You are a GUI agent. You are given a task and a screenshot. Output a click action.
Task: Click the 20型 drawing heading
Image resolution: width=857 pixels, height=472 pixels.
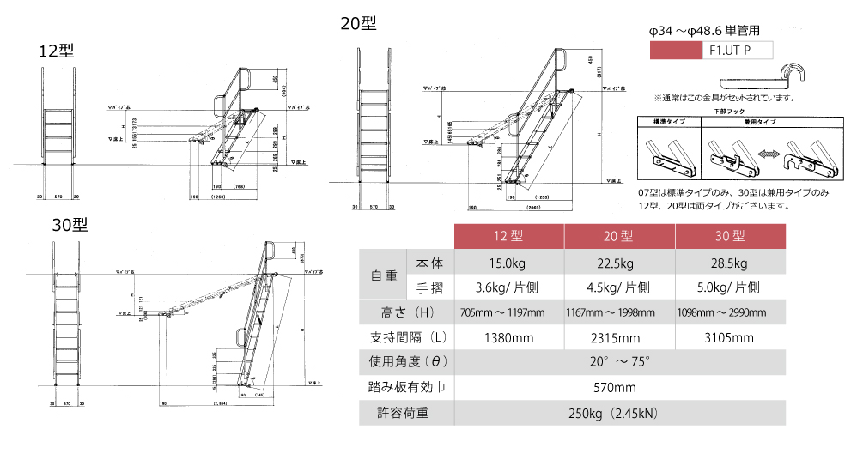[x=358, y=24]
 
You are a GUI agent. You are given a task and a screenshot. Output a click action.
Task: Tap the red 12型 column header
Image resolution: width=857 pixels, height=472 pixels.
[x=508, y=236]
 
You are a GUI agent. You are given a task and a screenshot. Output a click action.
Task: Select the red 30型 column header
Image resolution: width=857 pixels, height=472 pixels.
[x=730, y=236]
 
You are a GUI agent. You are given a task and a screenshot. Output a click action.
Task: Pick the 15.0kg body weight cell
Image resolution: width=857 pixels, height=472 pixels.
[x=508, y=263]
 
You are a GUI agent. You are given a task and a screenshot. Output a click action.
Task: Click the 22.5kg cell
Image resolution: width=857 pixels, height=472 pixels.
[x=619, y=263]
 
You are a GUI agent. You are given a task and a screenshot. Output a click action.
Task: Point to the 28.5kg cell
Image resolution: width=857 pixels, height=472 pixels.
[x=730, y=263]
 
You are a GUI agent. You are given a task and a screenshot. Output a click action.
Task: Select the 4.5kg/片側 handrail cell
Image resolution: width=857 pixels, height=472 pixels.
[x=619, y=287]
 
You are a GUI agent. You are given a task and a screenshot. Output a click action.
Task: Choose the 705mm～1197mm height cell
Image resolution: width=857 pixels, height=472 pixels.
[x=508, y=312]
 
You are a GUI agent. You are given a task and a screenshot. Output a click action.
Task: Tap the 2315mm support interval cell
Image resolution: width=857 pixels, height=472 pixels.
[x=619, y=337]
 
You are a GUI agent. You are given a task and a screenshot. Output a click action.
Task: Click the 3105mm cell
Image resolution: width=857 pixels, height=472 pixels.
[x=730, y=337]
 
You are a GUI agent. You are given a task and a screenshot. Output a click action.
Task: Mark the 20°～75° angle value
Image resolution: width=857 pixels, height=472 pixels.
[x=619, y=363]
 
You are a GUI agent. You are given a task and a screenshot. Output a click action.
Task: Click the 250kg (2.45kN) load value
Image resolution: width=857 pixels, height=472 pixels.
[x=619, y=413]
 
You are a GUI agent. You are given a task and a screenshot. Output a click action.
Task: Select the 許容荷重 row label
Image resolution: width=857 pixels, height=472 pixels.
[x=404, y=413]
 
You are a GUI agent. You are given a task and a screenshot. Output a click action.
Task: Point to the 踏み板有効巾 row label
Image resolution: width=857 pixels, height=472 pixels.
[x=404, y=388]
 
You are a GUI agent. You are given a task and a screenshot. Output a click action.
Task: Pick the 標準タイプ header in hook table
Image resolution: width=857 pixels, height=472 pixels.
[x=668, y=123]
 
